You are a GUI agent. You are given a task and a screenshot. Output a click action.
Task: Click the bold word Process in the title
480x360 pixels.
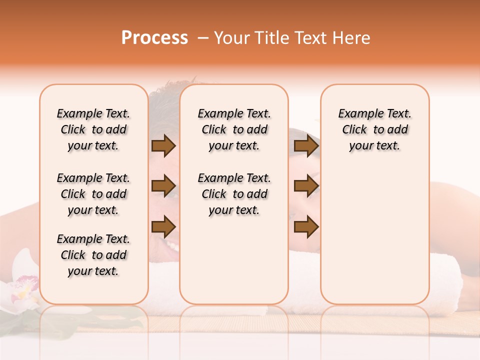[x=154, y=38]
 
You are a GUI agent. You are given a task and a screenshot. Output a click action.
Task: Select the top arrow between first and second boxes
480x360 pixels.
[x=163, y=146]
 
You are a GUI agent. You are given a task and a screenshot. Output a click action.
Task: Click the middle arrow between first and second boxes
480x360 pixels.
[x=163, y=186]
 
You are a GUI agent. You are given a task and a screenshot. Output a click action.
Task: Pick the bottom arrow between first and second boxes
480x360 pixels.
[x=163, y=227]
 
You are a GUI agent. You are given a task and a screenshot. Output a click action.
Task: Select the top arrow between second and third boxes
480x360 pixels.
[x=306, y=146]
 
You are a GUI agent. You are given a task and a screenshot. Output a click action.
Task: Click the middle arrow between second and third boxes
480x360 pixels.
[x=306, y=186]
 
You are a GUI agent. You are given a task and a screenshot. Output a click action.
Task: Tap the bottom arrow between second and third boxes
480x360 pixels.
[x=306, y=227]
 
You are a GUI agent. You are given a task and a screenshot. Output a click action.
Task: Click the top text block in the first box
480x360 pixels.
[x=93, y=129]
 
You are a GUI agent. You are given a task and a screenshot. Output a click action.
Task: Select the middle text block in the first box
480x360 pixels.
[x=93, y=194]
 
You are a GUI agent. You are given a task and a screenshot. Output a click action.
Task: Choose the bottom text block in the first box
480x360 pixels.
[x=93, y=255]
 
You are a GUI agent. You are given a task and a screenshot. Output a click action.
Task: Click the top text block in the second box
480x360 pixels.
[x=234, y=129]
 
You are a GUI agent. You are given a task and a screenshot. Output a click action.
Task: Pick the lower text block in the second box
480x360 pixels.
[x=234, y=194]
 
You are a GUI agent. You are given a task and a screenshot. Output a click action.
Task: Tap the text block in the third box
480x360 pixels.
[x=374, y=129]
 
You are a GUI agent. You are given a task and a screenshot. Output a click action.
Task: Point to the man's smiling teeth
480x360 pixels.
[x=171, y=245]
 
